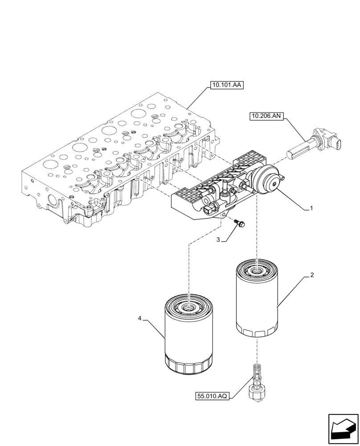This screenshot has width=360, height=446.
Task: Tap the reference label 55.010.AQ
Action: click(212, 396)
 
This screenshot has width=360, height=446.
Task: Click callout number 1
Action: click(311, 208)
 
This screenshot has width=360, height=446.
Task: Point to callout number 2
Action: click(312, 275)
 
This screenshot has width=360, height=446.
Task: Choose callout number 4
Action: click(140, 318)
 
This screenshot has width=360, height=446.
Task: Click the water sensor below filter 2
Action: click(256, 382)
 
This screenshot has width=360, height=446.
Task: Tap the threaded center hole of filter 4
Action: click(189, 307)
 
